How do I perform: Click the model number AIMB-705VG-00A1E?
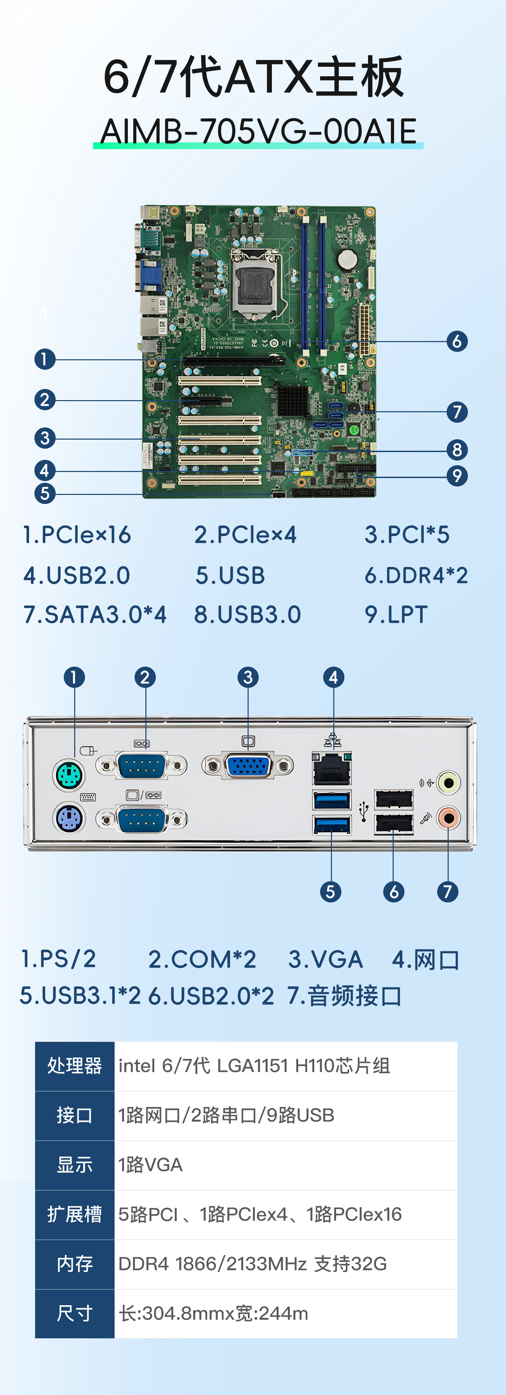[x=258, y=132]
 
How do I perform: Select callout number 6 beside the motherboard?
[x=457, y=341]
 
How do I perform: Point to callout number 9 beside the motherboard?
[x=457, y=476]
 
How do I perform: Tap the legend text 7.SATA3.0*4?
[x=95, y=615]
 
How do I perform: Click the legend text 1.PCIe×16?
[x=76, y=535]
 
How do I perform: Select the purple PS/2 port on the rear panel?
[x=69, y=818]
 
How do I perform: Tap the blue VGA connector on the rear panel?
[x=248, y=766]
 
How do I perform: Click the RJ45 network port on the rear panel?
[x=332, y=769]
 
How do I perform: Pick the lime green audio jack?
[x=449, y=783]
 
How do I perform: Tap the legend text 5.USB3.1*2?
[x=80, y=995]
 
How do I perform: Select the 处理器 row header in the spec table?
[x=75, y=1066]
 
